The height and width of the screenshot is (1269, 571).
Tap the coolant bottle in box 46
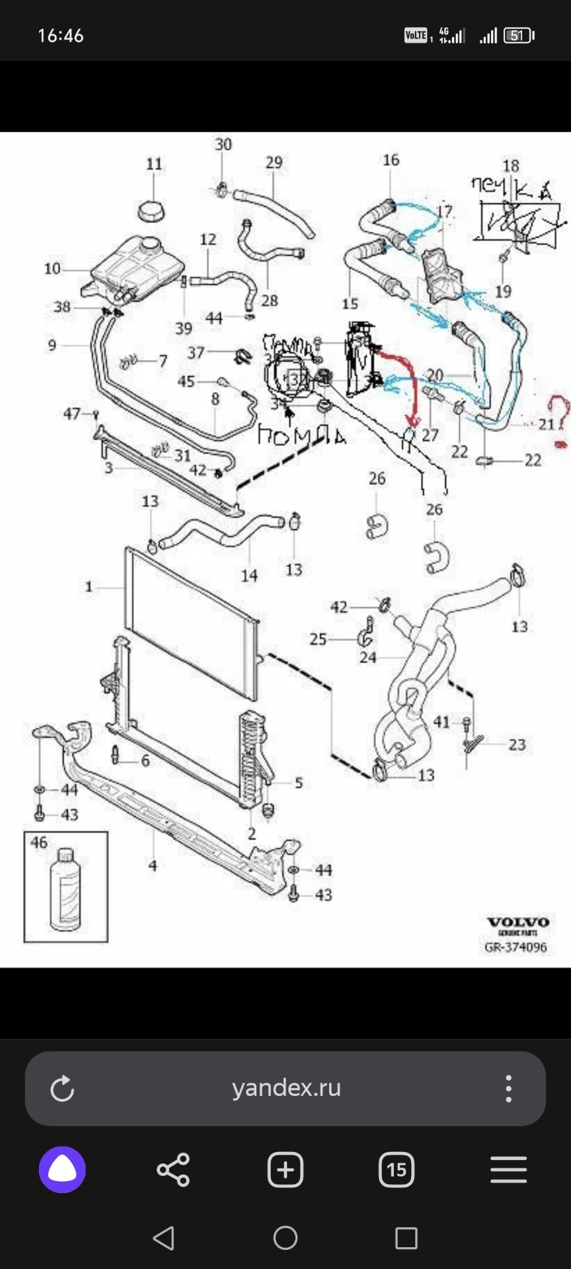65,889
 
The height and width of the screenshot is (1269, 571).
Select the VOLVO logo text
517,923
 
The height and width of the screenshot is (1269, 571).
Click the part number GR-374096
515,947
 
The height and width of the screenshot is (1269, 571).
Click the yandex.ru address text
286,1088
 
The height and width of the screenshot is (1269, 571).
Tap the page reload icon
62,1089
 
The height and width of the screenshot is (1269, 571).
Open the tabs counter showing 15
397,1170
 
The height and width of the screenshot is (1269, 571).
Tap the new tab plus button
285,1170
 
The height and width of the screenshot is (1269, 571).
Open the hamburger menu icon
508,1170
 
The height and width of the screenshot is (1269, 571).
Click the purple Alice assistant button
62,1170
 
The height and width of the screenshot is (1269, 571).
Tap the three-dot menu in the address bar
508,1088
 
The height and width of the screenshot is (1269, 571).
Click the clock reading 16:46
61,36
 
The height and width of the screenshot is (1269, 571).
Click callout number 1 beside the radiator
89,586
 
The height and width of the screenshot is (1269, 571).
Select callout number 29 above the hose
274,163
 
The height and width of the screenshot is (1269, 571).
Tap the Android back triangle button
164,1238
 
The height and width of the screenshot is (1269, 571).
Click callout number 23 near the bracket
517,745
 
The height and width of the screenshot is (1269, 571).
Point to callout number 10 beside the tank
52,268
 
